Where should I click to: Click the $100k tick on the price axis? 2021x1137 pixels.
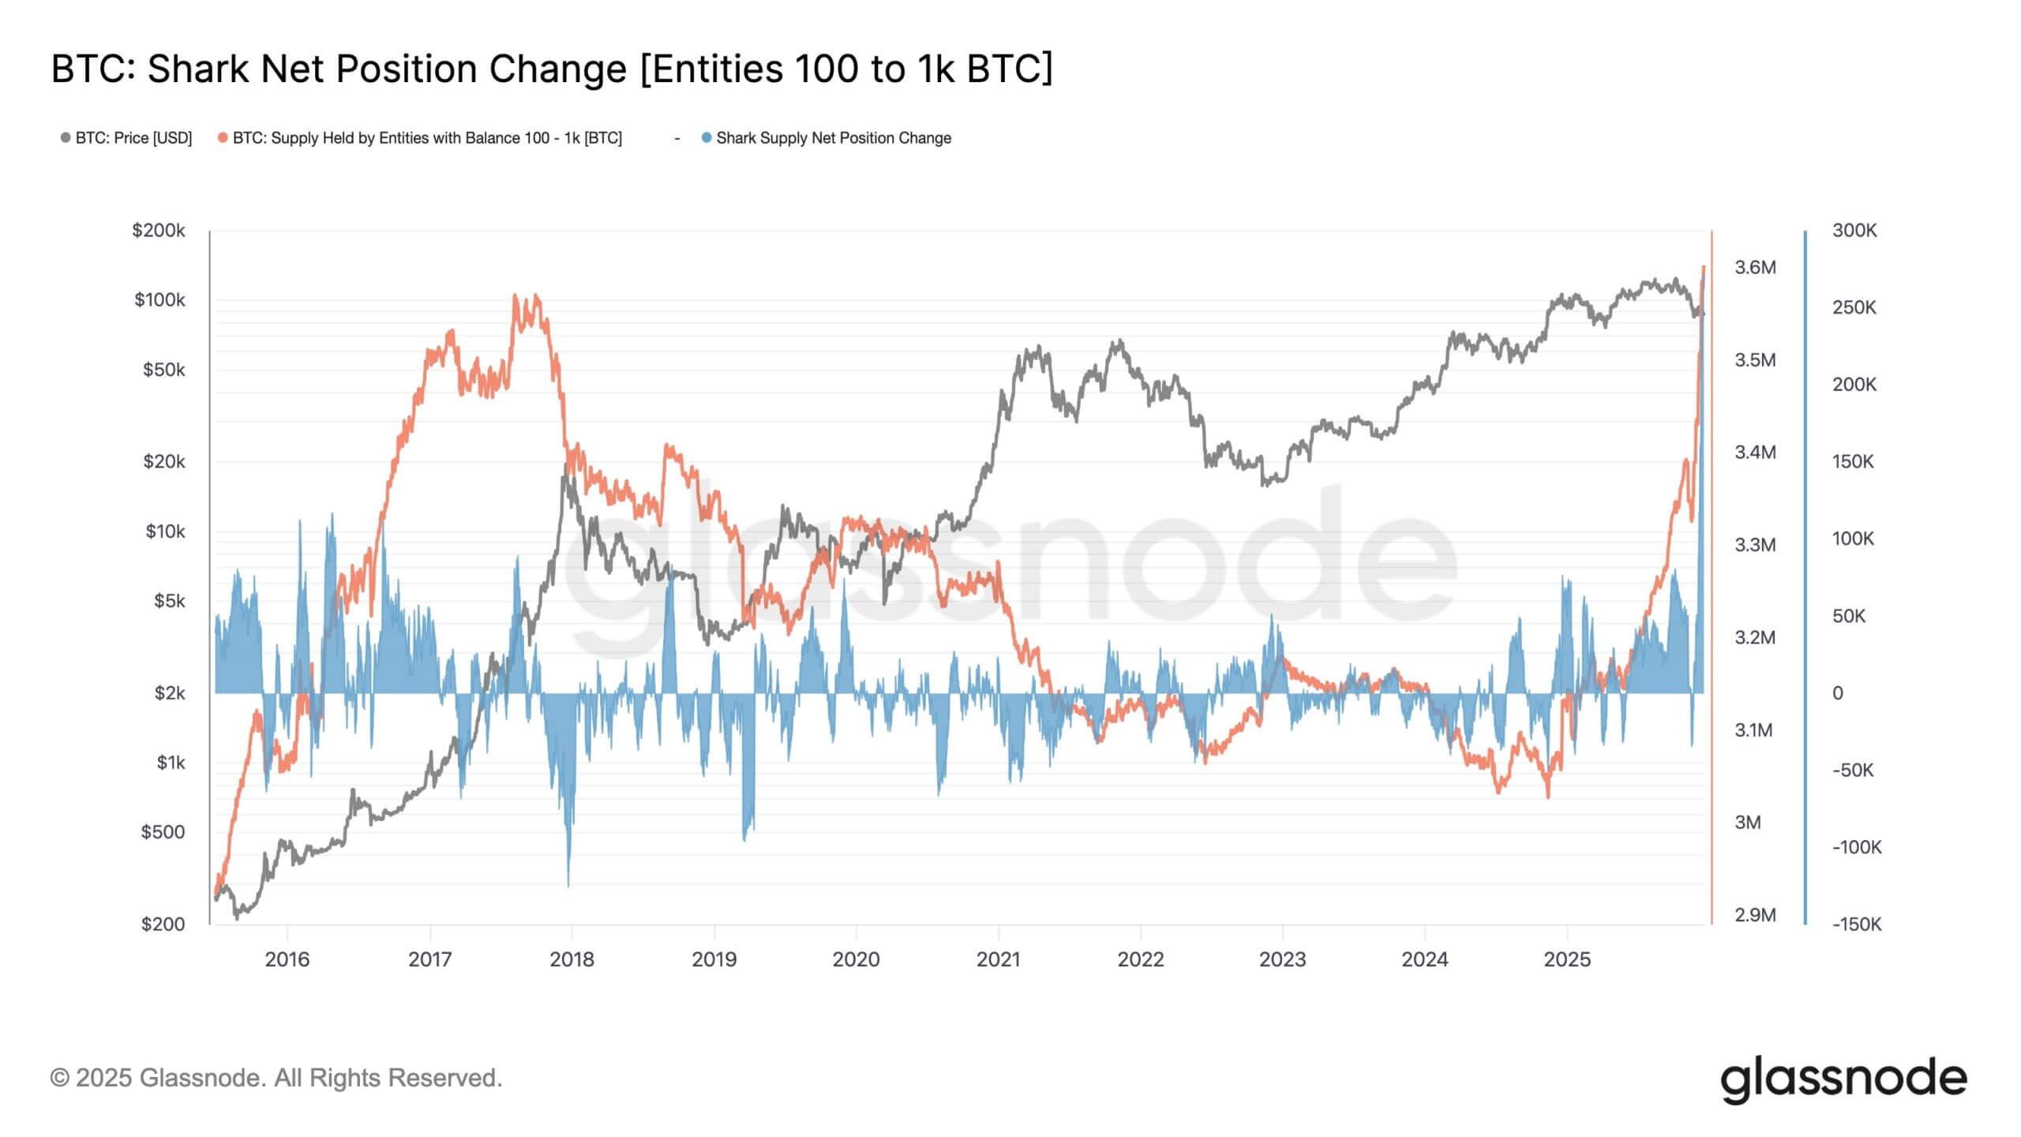coord(159,300)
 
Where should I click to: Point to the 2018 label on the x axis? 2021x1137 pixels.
coord(572,959)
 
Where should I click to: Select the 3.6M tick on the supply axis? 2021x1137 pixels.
coord(1755,268)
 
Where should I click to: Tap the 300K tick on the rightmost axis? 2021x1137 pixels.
coord(1854,231)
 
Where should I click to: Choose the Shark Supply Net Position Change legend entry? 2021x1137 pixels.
coord(833,138)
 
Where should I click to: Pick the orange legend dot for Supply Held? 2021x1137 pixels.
coord(223,138)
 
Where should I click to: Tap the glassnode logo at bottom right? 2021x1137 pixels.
coord(1843,1080)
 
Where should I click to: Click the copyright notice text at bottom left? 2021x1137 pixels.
coord(276,1078)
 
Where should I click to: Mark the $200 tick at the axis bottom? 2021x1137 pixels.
coord(163,924)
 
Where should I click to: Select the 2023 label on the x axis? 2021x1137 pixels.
coord(1282,959)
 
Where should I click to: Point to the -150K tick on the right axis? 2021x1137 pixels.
coord(1857,924)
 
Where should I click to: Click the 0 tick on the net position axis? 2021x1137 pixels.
coord(1838,693)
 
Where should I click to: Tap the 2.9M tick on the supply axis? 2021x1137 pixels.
coord(1755,915)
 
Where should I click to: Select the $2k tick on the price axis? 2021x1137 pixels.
coord(169,693)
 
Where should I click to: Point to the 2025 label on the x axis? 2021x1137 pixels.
coord(1567,959)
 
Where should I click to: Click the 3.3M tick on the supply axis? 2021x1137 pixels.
coord(1755,545)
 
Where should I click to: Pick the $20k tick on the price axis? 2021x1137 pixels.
coord(163,461)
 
